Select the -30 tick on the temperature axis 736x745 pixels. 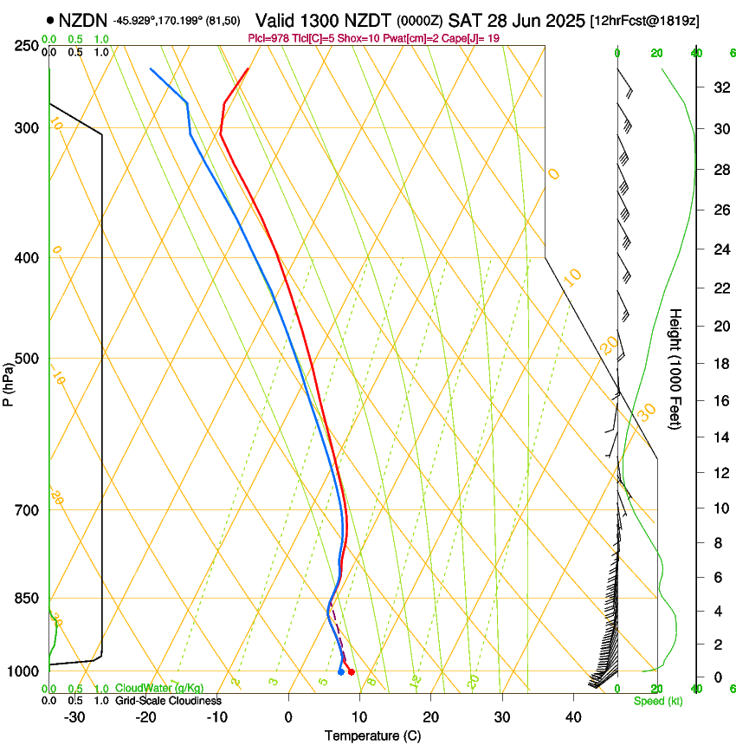74,717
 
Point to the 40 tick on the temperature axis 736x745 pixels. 572,717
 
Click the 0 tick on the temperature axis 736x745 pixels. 288,717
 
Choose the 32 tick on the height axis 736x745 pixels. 719,87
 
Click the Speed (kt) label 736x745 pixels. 658,701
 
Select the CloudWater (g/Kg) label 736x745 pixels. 159,688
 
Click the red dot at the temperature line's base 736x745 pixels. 351,672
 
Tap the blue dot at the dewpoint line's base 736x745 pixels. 340,672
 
